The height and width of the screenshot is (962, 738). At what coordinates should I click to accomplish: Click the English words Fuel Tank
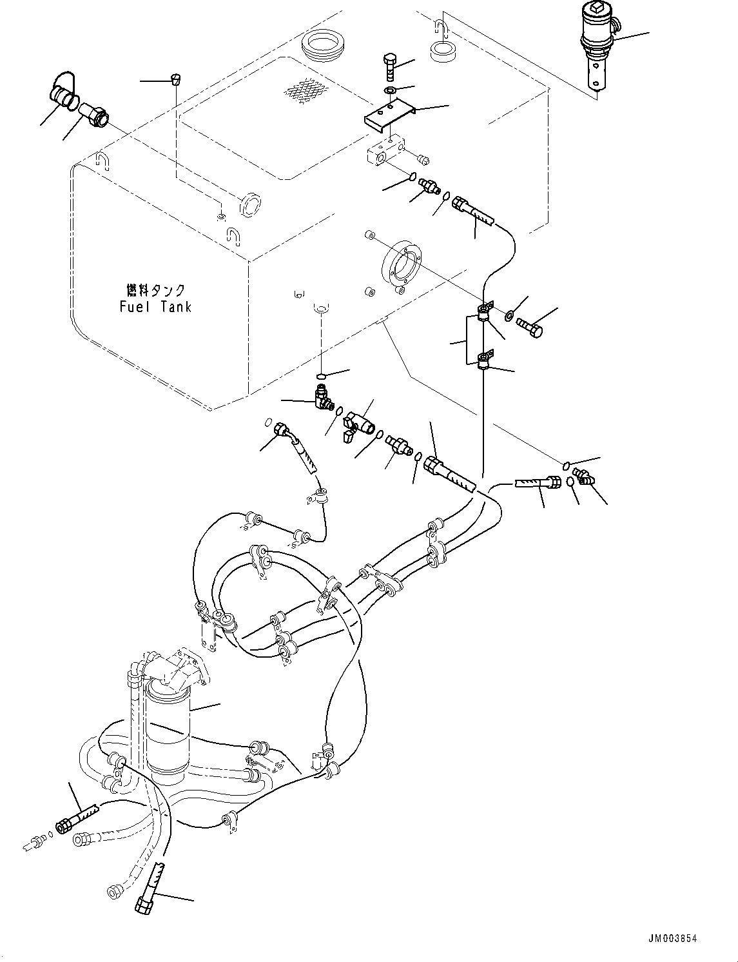[155, 307]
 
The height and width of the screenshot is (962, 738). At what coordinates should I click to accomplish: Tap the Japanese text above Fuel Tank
[155, 290]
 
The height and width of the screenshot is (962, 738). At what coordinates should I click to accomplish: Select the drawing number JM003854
[672, 938]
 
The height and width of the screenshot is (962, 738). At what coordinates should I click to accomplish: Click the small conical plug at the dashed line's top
[175, 80]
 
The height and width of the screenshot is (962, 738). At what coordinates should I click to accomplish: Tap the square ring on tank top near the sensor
[443, 52]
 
